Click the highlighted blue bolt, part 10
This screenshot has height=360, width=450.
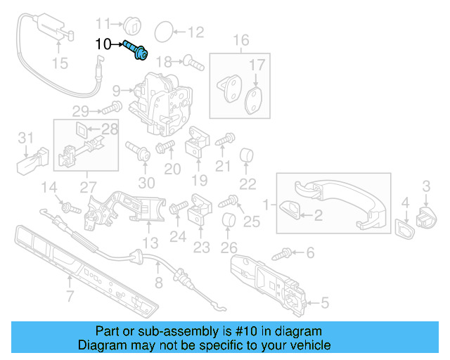[x=135, y=50]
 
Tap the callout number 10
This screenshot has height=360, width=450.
[x=103, y=44]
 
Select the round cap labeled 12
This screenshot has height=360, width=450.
[x=162, y=31]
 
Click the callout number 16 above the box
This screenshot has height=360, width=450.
[x=241, y=40]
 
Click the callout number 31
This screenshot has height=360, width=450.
[x=27, y=137]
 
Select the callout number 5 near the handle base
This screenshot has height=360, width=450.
[x=324, y=304]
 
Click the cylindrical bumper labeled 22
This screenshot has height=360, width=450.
[x=247, y=155]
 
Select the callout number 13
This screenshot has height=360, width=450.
[x=150, y=244]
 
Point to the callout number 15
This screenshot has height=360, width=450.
[x=60, y=64]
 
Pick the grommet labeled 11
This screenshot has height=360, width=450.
[x=134, y=22]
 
